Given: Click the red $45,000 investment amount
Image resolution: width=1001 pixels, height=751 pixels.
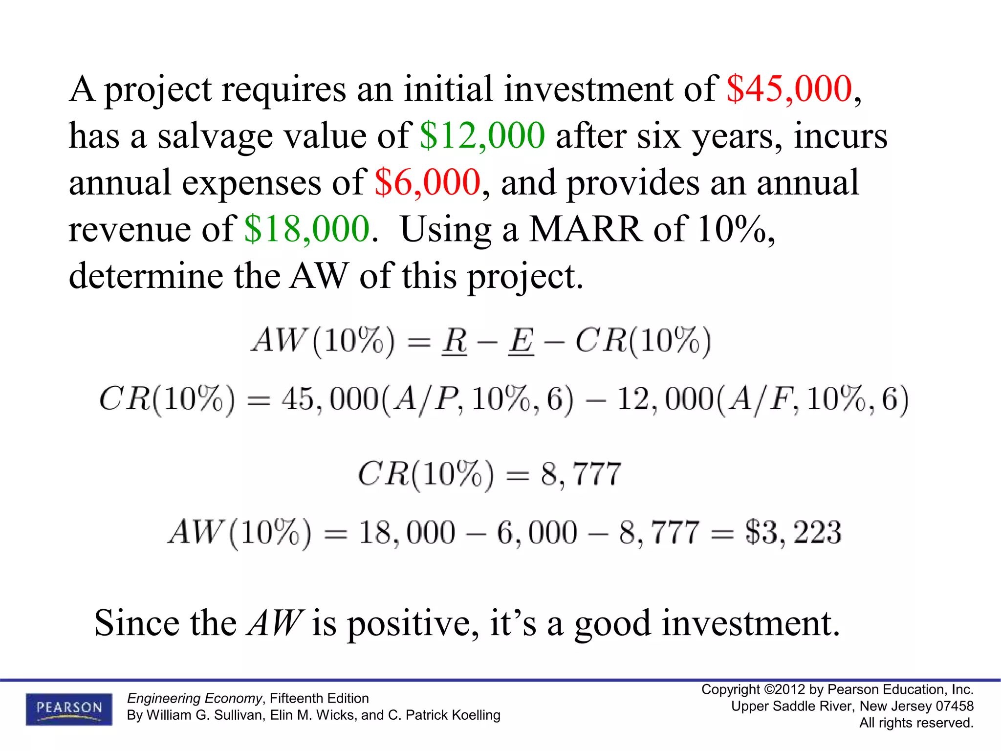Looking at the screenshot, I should (789, 89).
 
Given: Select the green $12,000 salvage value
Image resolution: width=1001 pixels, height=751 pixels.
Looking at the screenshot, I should (482, 135).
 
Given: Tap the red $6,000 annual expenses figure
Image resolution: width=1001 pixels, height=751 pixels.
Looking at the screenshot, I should (428, 182).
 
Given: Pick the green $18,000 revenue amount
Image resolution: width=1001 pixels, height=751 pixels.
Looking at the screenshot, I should (307, 229).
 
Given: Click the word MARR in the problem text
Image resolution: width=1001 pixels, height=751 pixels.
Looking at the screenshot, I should (586, 229).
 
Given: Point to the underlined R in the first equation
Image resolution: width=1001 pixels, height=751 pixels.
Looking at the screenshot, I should (455, 340).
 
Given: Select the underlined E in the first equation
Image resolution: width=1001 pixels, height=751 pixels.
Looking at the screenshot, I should (521, 340).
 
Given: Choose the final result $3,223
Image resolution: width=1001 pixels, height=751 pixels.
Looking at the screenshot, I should (793, 532).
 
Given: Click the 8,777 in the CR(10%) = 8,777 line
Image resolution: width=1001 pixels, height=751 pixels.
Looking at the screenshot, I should (581, 474).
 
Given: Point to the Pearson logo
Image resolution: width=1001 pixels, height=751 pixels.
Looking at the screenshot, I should (69, 709).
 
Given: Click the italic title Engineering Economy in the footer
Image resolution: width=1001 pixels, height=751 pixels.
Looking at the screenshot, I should (195, 698).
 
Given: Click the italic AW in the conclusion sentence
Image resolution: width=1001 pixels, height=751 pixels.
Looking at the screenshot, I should (275, 623).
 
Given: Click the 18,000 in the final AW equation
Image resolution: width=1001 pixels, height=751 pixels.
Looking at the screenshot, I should (407, 532).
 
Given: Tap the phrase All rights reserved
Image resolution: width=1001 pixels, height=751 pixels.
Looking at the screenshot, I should (916, 723).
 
